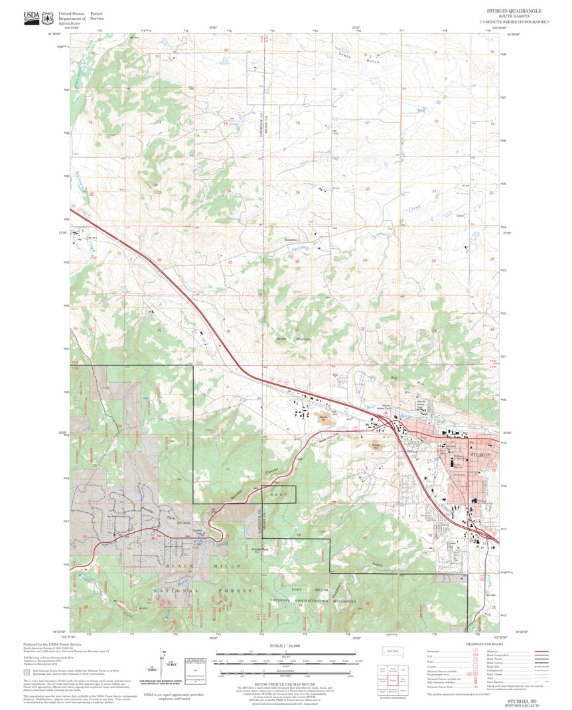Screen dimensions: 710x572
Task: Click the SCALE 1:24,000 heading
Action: point(285,645)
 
